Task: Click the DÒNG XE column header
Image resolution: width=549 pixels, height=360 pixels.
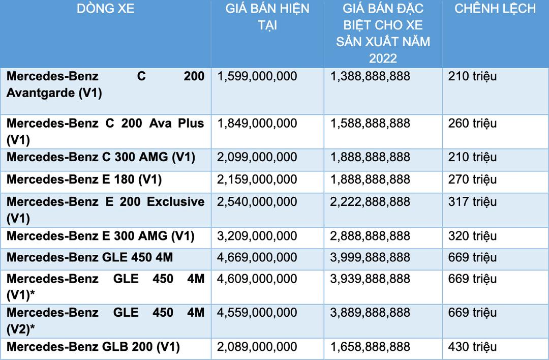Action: coord(106,9)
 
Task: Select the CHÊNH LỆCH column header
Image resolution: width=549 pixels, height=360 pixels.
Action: coord(495,9)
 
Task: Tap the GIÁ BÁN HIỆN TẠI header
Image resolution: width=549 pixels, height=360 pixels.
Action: coord(267,17)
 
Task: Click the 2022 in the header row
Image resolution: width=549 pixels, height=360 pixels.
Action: coord(383,58)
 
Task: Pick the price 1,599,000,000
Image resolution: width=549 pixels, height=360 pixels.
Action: coord(257,77)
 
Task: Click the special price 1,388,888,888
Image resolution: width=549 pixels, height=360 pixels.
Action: coord(370,77)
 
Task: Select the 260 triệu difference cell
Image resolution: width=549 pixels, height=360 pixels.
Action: coord(472,124)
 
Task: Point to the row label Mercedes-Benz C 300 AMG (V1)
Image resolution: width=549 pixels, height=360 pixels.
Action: coord(101,157)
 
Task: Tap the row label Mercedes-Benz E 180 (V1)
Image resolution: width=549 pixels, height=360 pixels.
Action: coord(84,179)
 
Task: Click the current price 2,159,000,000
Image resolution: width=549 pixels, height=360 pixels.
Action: coord(257,179)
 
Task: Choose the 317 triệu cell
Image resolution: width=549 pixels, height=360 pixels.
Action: coord(472,202)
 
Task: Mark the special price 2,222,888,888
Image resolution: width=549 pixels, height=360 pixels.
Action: coord(370,202)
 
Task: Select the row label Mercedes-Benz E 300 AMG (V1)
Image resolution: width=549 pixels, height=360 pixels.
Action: coord(101,236)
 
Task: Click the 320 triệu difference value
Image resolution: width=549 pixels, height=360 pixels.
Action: coord(472,236)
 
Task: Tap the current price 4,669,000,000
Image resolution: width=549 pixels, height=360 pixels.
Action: coord(257,258)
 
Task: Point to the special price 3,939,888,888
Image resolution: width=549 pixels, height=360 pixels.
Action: coord(370,279)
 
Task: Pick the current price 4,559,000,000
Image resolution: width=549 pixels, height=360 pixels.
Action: coord(257,313)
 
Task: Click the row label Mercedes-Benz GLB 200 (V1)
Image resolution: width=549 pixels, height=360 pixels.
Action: coord(93,347)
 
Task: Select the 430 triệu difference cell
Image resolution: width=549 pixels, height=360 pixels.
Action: coord(472,347)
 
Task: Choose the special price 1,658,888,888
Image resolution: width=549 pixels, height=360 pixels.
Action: coord(370,347)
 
